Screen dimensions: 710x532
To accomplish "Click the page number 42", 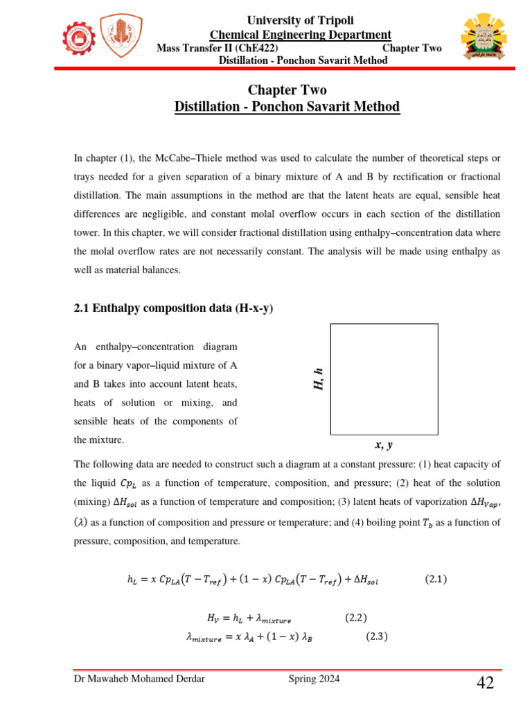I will pos(485,684).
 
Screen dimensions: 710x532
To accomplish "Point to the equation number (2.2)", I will pos(355,617).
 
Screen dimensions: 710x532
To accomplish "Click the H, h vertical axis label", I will pos(319,379).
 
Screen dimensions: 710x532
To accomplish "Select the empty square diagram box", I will pos(384,379).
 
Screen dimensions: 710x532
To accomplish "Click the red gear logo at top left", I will pos(80,38).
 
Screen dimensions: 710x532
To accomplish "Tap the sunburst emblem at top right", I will pos(484,38).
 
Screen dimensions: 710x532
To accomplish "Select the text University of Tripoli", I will pos(301,21).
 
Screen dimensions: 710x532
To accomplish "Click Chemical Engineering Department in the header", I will pos(301,35).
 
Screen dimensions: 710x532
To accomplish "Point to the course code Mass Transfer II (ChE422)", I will pos(218,48).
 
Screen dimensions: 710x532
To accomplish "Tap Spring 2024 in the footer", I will pos(314,679).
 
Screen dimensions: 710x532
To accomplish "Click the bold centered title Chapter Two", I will pos(287,90).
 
